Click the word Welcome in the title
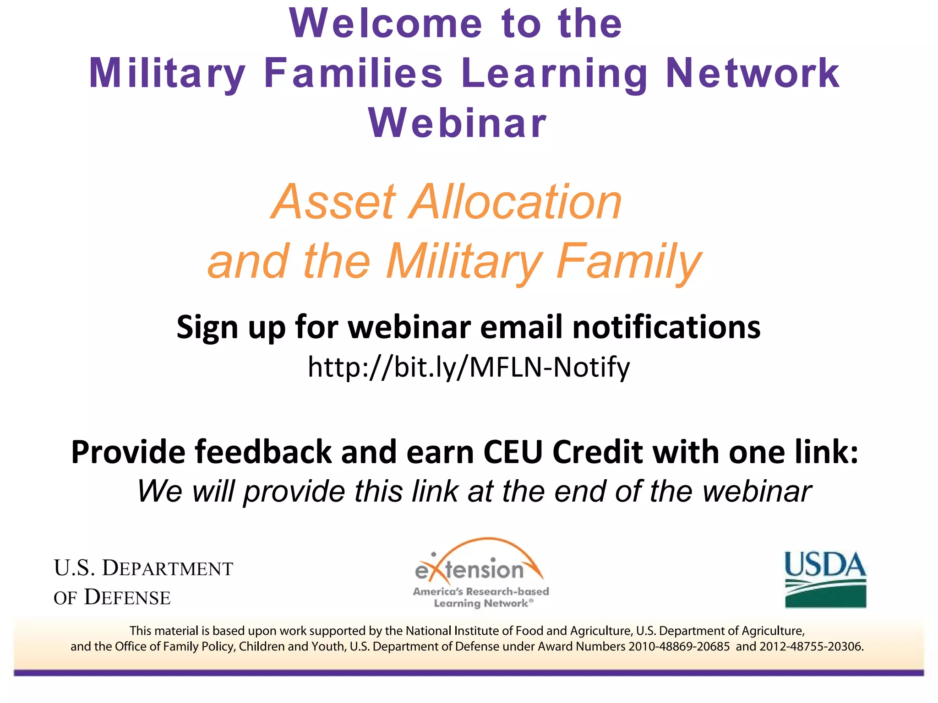point(386,24)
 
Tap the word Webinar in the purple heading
point(458,123)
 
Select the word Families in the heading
point(353,73)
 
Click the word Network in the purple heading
point(753,73)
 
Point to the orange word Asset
point(333,202)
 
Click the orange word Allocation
point(515,202)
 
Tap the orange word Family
point(628,262)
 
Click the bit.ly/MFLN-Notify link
point(469,367)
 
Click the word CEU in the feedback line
point(513,452)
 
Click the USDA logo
point(825,579)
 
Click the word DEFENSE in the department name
point(127,598)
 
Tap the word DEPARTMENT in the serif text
point(167,568)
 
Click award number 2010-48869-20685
point(679,647)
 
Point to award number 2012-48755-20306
point(811,647)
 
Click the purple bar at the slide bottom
point(469,673)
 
